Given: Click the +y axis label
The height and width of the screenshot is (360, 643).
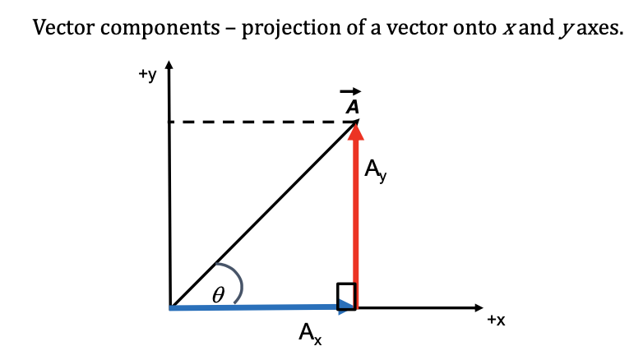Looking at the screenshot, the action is pyautogui.click(x=146, y=75).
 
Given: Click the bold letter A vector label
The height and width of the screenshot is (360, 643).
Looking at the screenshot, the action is pyautogui.click(x=352, y=108).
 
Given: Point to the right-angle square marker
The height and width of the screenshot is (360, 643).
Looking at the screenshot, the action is pyautogui.click(x=346, y=295).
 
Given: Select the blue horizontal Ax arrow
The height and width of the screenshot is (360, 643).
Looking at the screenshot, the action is pyautogui.click(x=255, y=307).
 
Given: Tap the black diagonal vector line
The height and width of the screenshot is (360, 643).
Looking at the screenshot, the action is pyautogui.click(x=263, y=214).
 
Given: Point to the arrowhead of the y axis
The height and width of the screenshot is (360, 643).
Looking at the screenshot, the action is pyautogui.click(x=169, y=66).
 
